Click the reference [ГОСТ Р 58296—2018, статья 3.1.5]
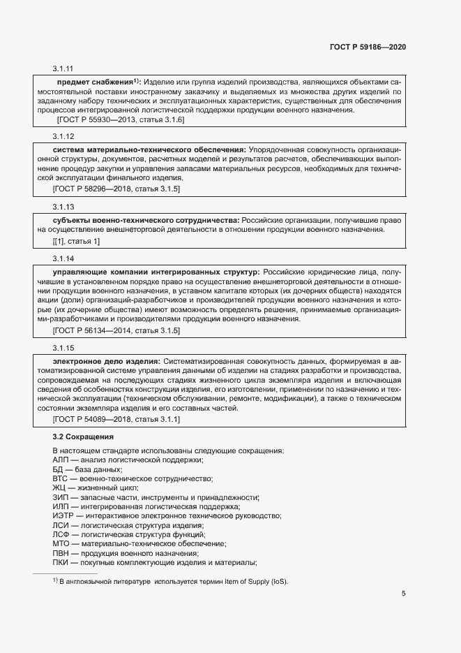pyautogui.click(x=116, y=189)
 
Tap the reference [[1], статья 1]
pyautogui.click(x=76, y=241)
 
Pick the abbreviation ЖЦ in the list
pyautogui.click(x=59, y=487)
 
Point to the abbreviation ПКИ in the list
pyautogui.click(x=61, y=562)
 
